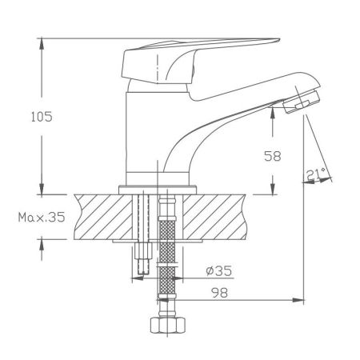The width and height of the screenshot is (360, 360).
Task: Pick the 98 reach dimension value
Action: [219, 294]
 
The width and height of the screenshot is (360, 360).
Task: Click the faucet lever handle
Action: [200, 55]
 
